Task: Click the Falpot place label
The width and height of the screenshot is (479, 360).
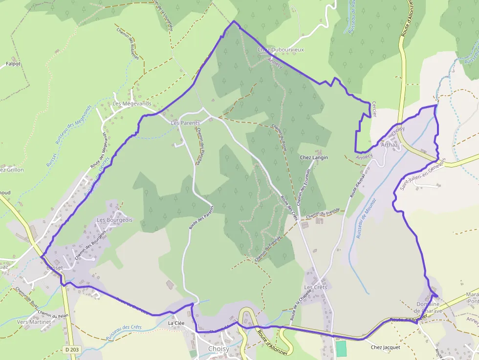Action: [13, 64]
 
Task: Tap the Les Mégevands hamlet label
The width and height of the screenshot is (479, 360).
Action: [132, 104]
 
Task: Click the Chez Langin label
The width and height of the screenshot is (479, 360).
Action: [313, 158]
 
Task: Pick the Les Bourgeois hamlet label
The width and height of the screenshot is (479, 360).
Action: [114, 220]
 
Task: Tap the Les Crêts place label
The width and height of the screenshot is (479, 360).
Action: [315, 287]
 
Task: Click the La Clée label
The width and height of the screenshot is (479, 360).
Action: [176, 323]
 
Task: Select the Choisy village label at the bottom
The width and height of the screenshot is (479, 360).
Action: [218, 349]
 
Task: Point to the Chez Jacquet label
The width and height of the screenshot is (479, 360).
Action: [385, 347]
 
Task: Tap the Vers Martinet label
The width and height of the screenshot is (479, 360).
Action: [34, 322]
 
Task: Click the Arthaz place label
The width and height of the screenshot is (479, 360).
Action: [389, 145]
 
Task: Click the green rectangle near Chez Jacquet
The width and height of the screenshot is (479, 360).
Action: [341, 348]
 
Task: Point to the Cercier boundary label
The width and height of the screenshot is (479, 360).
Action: [374, 109]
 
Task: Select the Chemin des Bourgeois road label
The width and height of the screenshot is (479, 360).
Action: [90, 245]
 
